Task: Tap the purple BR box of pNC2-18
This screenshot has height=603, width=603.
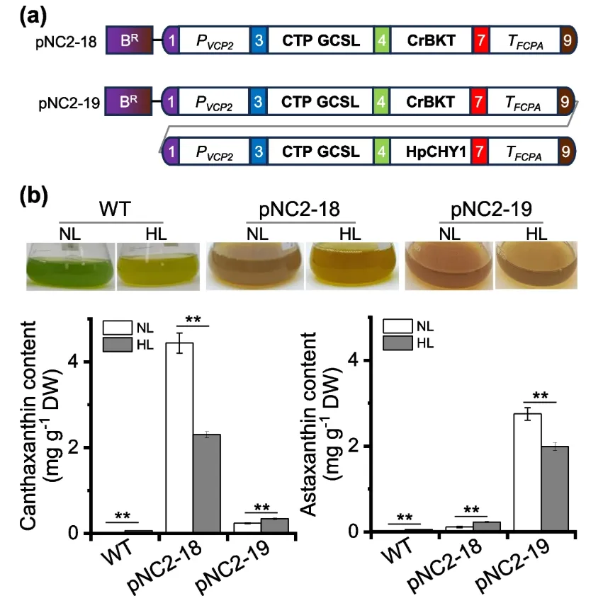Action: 128,42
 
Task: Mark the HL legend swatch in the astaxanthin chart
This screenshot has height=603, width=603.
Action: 398,343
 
